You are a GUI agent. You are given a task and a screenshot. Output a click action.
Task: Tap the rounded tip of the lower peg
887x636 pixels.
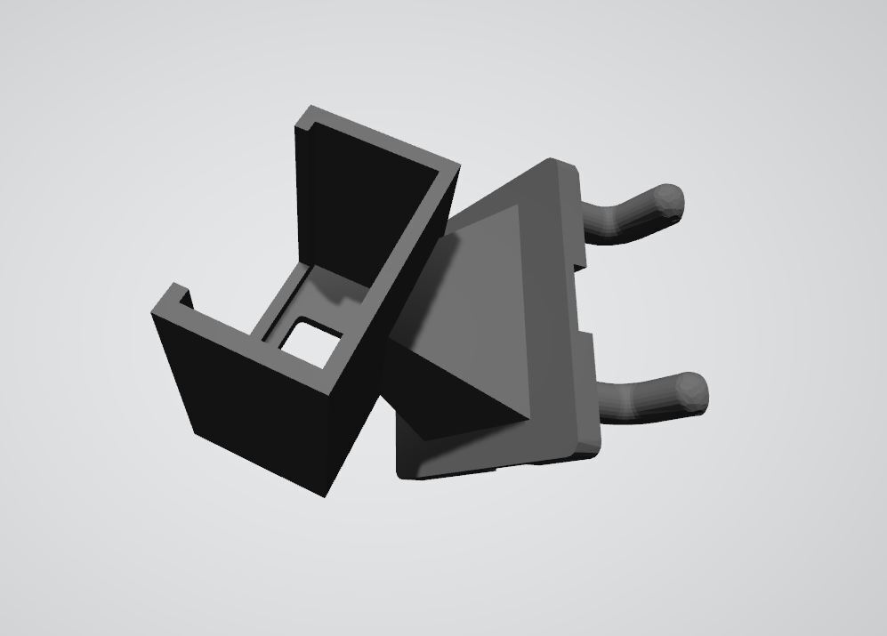tap(693, 391)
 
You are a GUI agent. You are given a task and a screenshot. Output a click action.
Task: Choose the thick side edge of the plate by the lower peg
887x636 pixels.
tap(589, 400)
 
